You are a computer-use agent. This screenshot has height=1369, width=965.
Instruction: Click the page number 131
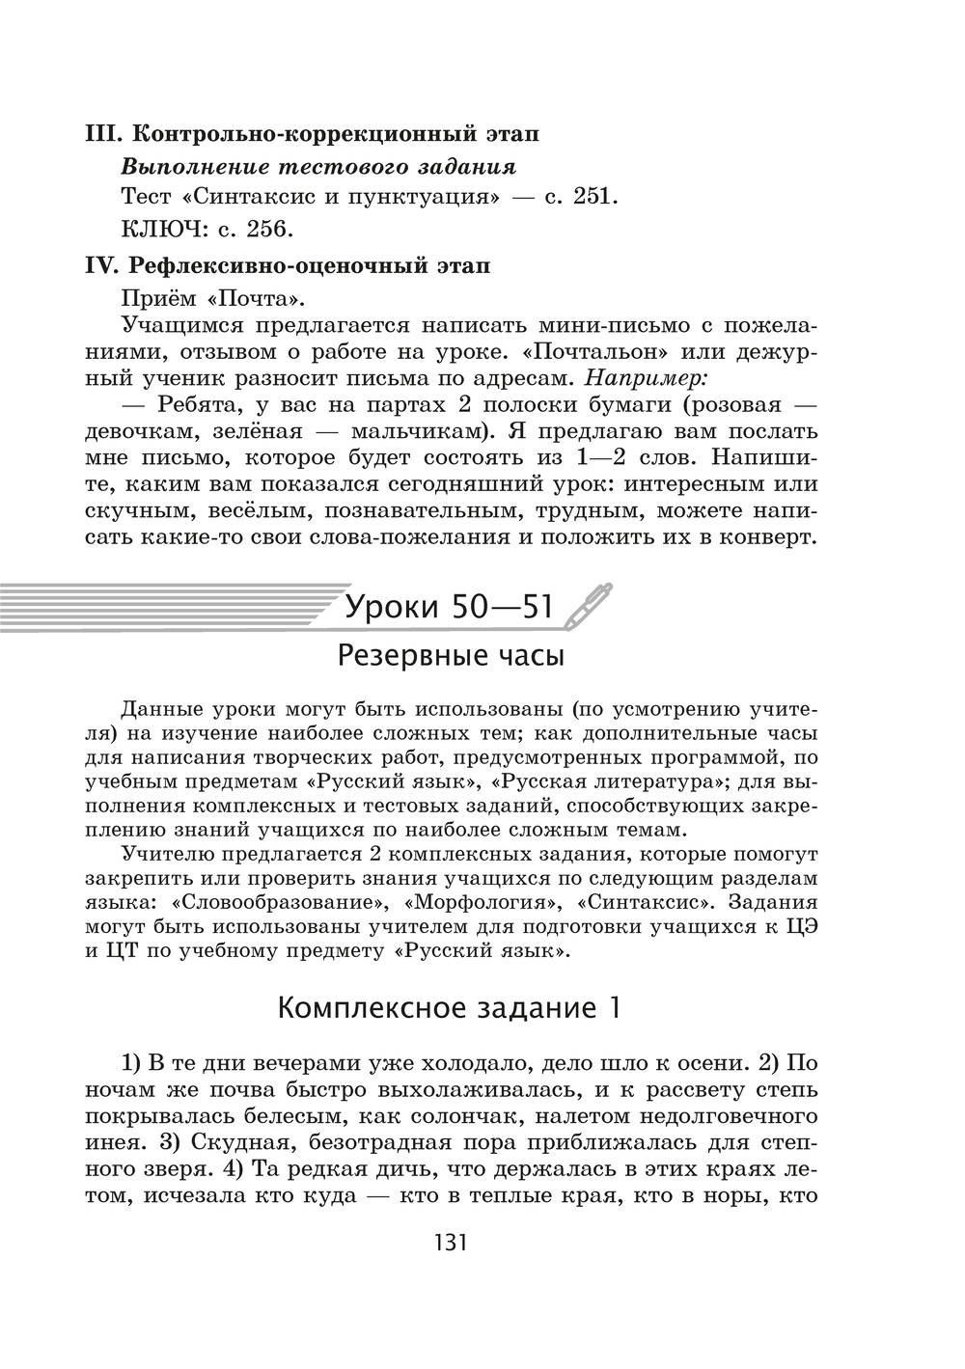[445, 1242]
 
